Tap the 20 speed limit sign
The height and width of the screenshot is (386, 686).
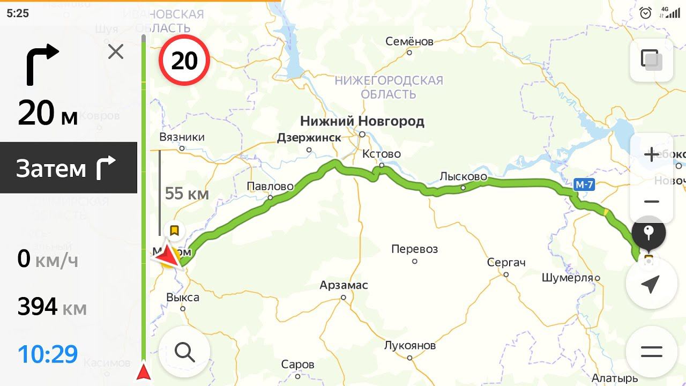point(184,61)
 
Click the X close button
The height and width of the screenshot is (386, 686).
point(116,52)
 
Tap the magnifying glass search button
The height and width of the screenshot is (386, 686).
point(184,352)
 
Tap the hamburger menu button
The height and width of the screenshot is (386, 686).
point(651,352)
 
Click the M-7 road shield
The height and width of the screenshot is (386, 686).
point(584,185)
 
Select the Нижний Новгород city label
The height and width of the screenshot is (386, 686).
point(362,121)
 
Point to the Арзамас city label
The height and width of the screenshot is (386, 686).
point(344,285)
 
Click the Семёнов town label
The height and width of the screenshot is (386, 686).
point(409,41)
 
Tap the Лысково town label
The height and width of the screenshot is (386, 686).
point(463,176)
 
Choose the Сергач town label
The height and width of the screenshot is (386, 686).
point(506,263)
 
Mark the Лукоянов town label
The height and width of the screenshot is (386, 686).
point(410,345)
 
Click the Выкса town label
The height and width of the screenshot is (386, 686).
point(183,298)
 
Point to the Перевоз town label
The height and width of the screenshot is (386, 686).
point(414,249)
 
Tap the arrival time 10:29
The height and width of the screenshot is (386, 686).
point(48,354)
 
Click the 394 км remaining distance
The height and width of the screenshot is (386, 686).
point(52,307)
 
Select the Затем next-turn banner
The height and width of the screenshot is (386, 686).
point(69,168)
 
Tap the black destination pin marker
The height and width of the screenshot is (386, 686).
point(648,233)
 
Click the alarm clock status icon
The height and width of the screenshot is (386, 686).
point(646,13)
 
